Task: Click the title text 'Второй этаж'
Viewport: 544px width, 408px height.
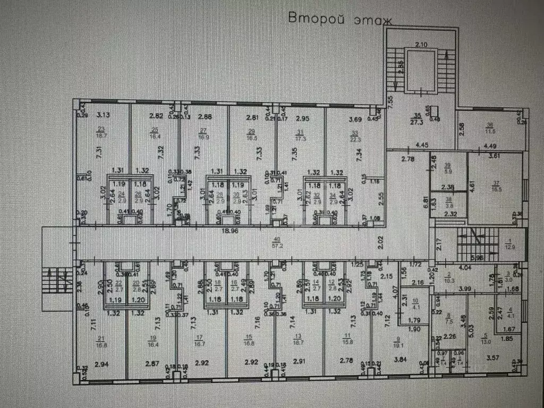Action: coord(340,20)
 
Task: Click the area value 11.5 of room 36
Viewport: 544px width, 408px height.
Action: coord(489,131)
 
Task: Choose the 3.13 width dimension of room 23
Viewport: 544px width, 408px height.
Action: coord(102,114)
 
